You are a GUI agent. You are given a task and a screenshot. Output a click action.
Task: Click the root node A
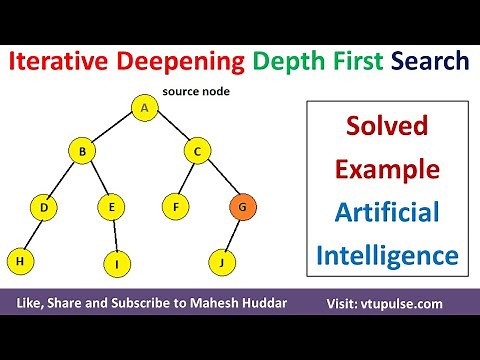(145, 108)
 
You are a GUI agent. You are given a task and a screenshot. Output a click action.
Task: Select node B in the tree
(82, 153)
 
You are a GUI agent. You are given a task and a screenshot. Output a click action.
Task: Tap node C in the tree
(198, 153)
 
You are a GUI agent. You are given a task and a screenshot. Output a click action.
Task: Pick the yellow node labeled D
(44, 208)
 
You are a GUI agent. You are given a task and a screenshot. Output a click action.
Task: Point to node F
(176, 208)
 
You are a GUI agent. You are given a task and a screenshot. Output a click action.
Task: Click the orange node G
(241, 208)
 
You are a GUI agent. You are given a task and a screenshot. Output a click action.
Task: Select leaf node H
(20, 261)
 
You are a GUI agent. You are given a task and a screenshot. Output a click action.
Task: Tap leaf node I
(117, 264)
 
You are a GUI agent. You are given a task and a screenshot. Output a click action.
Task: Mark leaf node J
(221, 263)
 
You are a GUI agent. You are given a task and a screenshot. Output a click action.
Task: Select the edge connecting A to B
(113, 131)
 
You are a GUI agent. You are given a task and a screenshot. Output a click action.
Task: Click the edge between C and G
(220, 181)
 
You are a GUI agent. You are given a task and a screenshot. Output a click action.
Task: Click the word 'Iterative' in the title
(60, 62)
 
